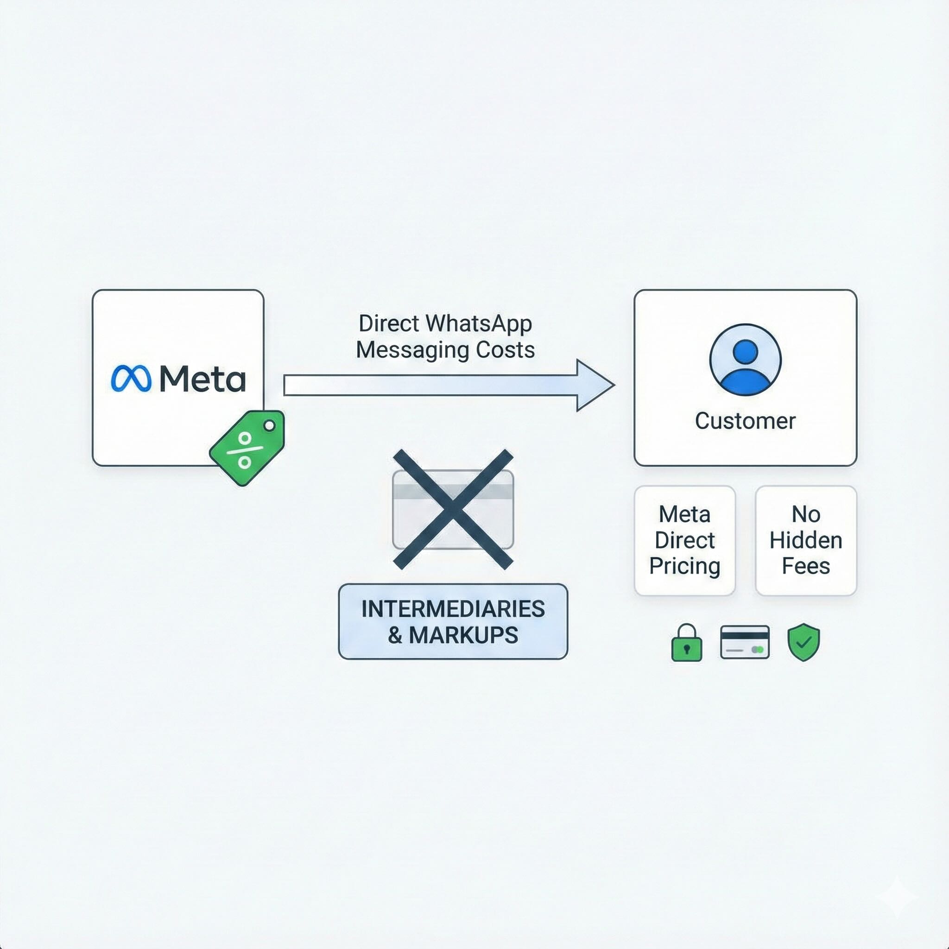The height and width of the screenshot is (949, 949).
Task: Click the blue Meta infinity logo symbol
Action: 131,379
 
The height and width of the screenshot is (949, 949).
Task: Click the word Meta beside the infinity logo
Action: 202,379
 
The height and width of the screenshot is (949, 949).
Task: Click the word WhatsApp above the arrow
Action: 478,324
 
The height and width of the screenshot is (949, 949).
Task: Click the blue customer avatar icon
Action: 745,360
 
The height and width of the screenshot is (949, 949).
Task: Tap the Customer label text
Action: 745,421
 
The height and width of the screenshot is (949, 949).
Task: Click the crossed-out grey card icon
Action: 453,509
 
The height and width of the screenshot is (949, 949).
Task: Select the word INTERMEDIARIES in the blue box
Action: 453,609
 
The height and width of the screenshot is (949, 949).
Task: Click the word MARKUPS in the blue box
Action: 463,635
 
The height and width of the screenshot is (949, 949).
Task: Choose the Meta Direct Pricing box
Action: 685,540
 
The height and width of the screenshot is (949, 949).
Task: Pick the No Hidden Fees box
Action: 805,540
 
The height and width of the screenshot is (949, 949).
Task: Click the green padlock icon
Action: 686,644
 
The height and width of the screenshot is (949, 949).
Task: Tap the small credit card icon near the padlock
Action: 745,642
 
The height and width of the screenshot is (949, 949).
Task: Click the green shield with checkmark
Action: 803,642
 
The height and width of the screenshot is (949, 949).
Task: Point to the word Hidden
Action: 805,540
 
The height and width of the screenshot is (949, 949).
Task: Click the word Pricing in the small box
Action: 685,566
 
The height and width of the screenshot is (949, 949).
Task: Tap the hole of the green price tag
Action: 269,426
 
